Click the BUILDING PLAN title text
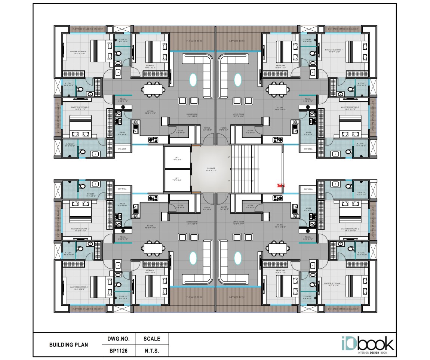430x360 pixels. point(69,345)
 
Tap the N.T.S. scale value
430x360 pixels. point(152,351)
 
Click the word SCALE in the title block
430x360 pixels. point(152,339)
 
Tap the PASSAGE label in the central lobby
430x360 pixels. point(211,169)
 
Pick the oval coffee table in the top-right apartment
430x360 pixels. point(237,80)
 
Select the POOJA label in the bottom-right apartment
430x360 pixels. point(308,237)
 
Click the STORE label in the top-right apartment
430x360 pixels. point(250,131)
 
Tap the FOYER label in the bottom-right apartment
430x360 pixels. point(224,207)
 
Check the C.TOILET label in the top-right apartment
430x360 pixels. point(307,40)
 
